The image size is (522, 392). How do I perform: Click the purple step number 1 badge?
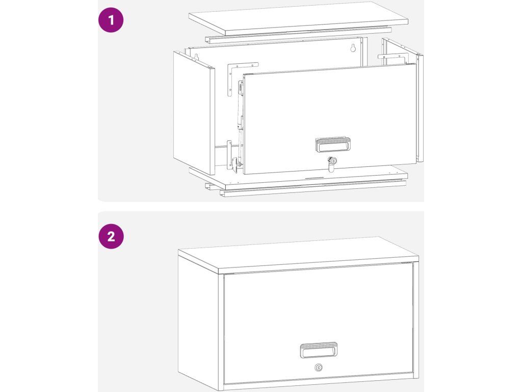[x=111, y=20]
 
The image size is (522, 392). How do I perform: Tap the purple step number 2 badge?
[x=111, y=236]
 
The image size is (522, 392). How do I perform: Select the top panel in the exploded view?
[x=299, y=18]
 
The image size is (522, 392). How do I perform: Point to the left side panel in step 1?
[x=194, y=113]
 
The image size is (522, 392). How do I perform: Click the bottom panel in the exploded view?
[x=299, y=177]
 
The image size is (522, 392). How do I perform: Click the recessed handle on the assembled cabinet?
[x=319, y=350]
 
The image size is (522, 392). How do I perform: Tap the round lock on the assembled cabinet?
[x=319, y=367]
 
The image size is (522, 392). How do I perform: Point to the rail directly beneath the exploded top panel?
[x=298, y=35]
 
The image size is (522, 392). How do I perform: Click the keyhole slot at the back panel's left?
[x=196, y=57]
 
